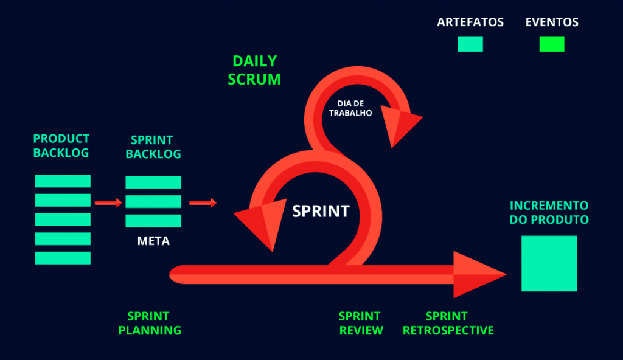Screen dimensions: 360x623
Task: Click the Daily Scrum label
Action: point(254,70)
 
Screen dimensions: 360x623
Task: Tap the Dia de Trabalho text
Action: point(350,108)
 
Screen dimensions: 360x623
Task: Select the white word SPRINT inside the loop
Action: point(321,211)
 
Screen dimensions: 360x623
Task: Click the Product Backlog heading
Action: point(61,146)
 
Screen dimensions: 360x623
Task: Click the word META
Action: point(153,241)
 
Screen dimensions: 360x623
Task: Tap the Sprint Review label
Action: point(361,324)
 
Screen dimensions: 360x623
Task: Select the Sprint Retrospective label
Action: point(448,324)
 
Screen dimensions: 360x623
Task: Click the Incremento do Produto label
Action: point(549,212)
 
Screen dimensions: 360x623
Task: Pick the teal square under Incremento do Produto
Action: point(549,263)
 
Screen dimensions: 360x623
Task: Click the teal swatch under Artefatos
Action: point(470,44)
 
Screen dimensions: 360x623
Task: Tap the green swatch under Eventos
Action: point(552,44)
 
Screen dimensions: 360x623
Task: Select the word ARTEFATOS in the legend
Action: point(470,22)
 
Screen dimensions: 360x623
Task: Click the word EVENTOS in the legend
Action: point(552,22)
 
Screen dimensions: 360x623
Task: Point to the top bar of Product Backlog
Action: point(63,181)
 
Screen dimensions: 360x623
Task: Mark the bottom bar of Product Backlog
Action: point(63,258)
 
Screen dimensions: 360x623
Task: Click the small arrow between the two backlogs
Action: point(108,202)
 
